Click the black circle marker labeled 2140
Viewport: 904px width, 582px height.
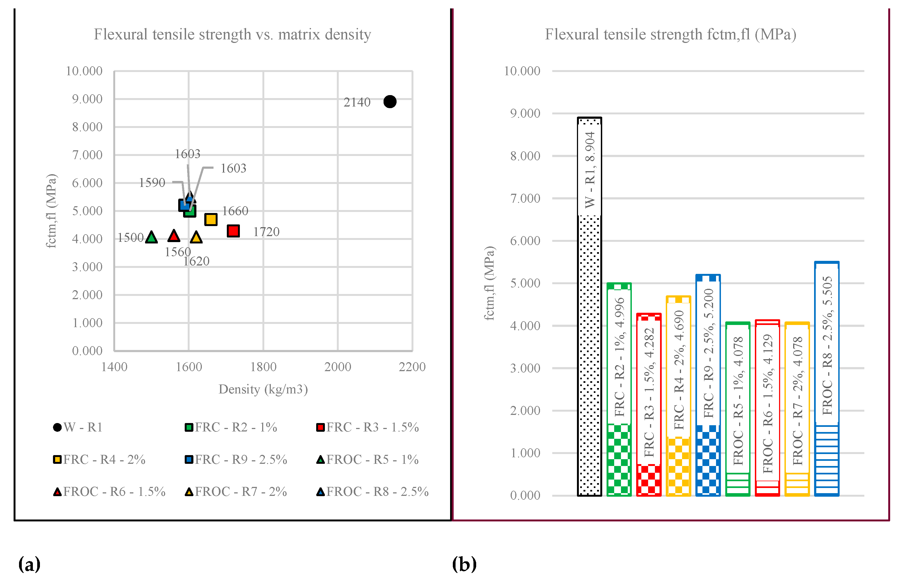click(390, 101)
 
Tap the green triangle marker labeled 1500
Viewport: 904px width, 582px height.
click(151, 237)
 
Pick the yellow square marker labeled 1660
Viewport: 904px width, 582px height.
click(211, 219)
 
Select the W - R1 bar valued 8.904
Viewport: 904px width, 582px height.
click(589, 306)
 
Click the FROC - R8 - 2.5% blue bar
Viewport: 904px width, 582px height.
click(827, 378)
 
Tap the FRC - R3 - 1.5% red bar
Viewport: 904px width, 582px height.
click(649, 404)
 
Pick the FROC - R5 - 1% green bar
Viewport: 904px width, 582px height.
click(737, 408)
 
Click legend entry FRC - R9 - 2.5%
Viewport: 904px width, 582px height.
click(236, 459)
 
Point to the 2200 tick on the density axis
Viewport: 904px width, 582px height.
click(412, 367)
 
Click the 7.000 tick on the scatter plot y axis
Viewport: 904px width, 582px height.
click(87, 155)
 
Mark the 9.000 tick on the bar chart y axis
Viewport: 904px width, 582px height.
click(525, 113)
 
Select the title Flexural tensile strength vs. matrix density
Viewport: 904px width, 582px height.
click(232, 35)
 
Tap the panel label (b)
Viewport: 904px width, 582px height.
click(464, 564)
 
